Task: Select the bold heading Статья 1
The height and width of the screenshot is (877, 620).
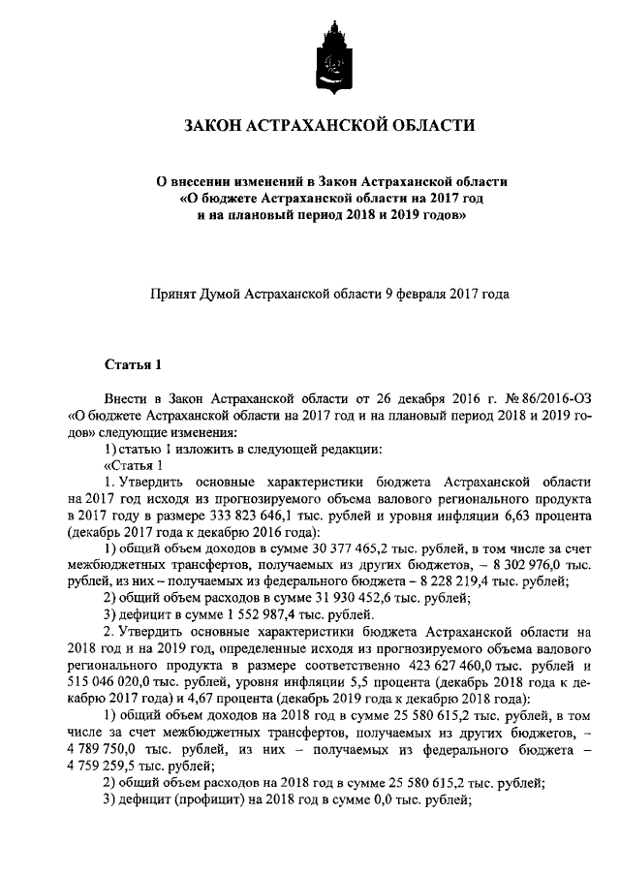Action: pos(131,364)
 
